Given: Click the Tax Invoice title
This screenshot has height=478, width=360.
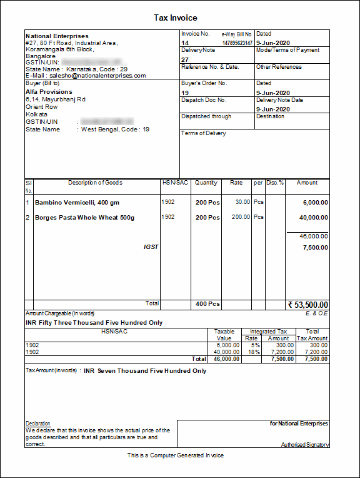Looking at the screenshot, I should [176, 18].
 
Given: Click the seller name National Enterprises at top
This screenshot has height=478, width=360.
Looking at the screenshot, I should [57, 36].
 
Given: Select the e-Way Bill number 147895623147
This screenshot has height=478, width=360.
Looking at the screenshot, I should [237, 43].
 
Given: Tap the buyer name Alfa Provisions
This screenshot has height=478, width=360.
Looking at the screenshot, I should [49, 92].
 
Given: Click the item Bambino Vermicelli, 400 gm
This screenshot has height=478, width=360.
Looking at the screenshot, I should [77, 203].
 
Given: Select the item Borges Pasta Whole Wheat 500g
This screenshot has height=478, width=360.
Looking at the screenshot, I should [84, 218].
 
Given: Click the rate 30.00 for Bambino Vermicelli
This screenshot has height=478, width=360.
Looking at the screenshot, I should [242, 202].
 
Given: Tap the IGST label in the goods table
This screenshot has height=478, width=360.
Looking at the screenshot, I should [151, 247].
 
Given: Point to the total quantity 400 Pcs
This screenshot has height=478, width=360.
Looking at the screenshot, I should [207, 304].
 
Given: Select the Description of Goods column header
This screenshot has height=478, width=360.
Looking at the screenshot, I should [95, 183].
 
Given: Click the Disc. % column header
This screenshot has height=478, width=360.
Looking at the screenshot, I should [275, 183].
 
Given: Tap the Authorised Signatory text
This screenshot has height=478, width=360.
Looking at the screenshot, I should [305, 445].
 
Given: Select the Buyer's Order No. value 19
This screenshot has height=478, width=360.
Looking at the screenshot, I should [185, 93].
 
